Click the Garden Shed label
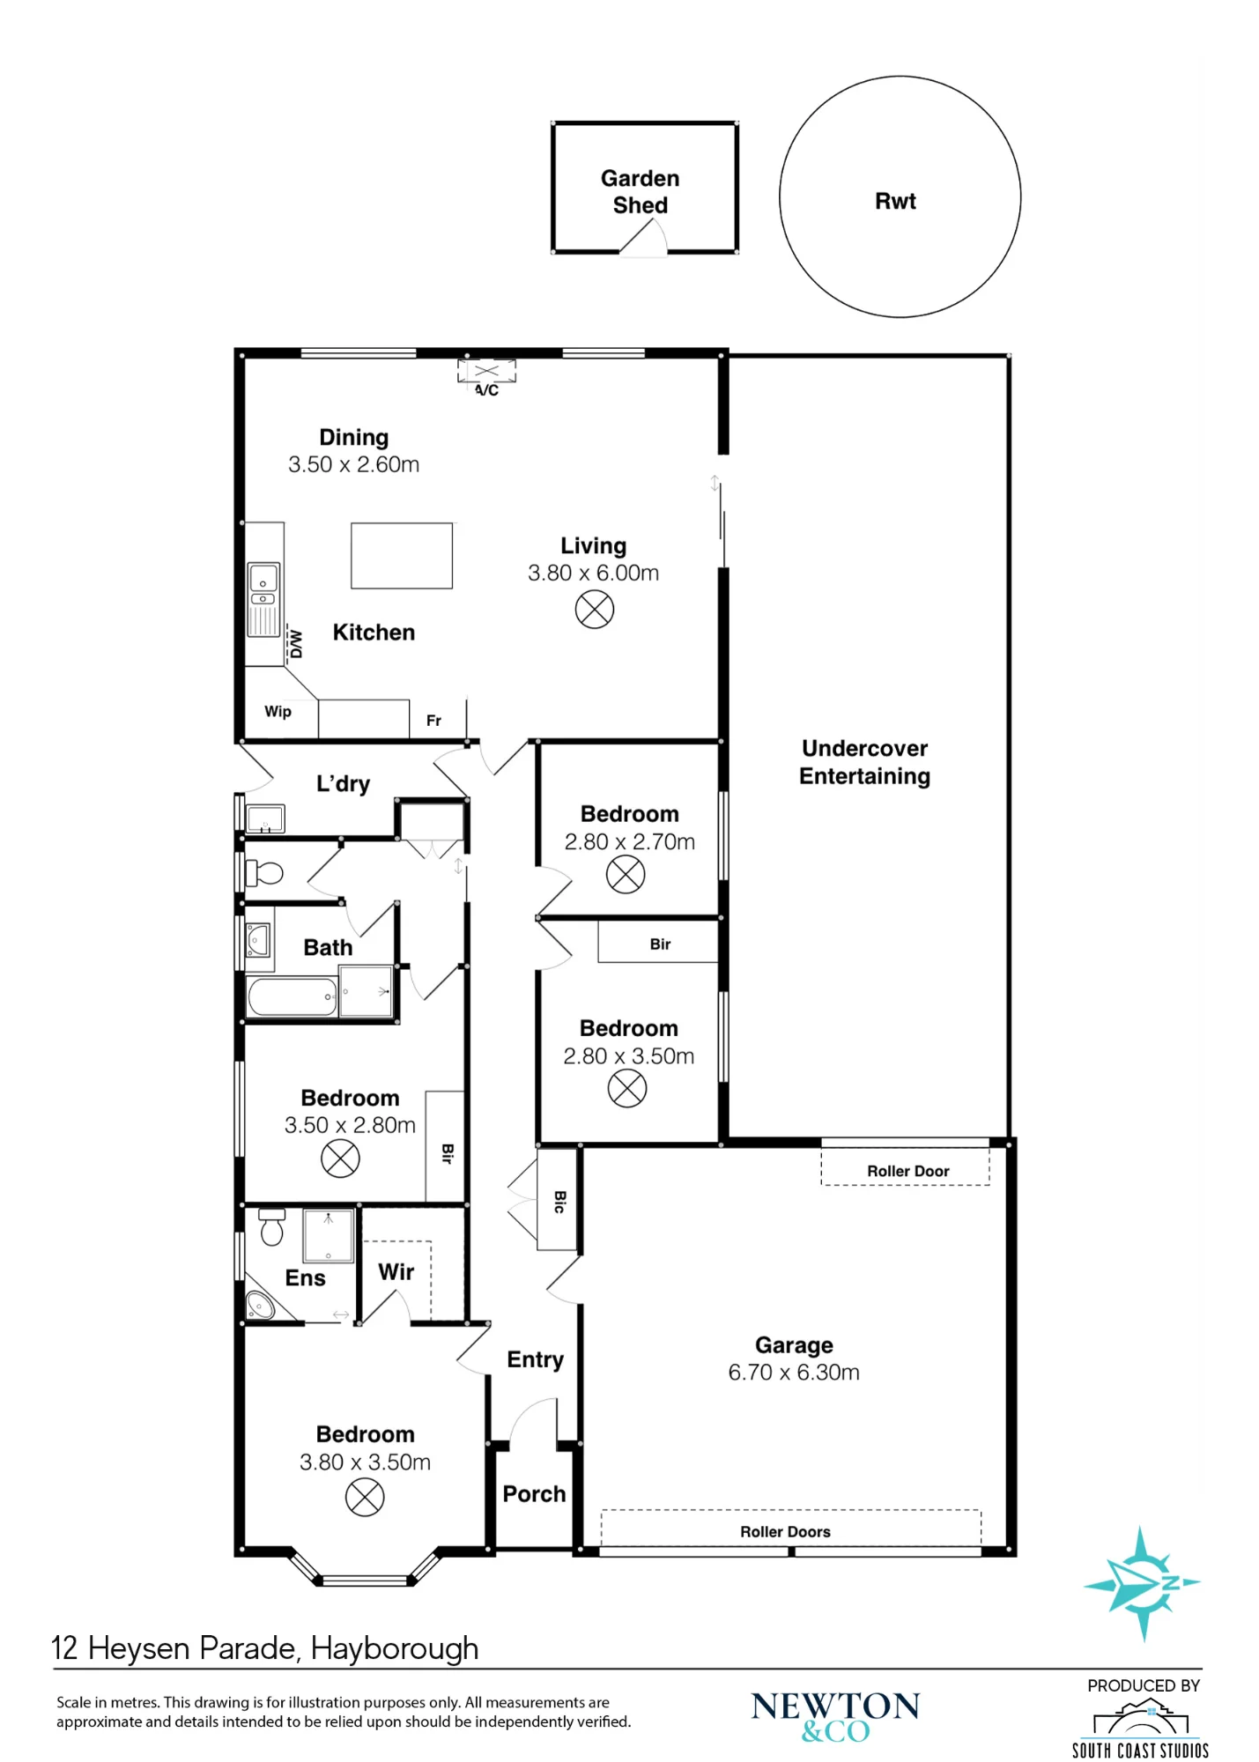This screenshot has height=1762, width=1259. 640,191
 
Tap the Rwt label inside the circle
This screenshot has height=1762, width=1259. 895,201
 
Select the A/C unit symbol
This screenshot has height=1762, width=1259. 486,372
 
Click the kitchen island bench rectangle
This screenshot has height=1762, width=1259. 402,555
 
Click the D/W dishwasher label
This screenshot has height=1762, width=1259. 296,644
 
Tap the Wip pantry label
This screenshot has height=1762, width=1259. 278,711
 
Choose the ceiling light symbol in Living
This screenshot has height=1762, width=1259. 595,609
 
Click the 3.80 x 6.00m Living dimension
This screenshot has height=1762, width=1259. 593,573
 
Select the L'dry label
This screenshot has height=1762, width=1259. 343,783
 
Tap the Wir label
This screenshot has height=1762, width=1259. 396,1271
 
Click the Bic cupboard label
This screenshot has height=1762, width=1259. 559,1202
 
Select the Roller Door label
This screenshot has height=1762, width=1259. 907,1171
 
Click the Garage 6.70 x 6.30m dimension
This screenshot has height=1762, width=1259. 793,1372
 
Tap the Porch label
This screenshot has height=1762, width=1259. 534,1493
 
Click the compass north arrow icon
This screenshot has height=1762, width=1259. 1142,1583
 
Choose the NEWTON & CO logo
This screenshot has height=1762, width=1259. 835,1717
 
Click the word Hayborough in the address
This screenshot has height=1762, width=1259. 395,1648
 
